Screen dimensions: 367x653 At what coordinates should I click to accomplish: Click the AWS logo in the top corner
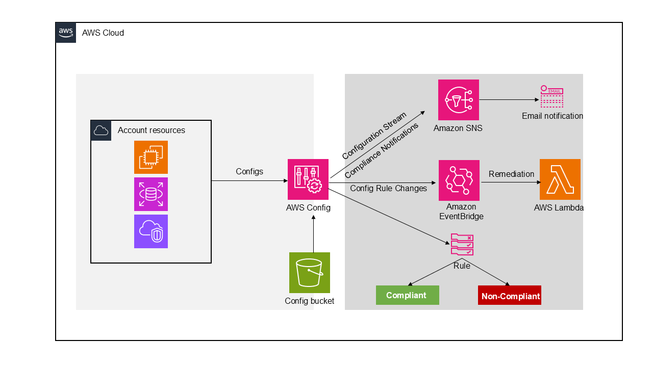click(x=66, y=33)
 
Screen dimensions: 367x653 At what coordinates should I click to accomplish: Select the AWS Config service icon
click(x=308, y=179)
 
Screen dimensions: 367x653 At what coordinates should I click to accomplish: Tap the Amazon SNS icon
click(x=459, y=100)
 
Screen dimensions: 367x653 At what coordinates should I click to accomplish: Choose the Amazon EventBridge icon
click(x=459, y=180)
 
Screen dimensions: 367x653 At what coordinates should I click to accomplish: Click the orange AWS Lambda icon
click(x=560, y=179)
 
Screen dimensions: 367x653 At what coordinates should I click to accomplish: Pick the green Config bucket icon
click(x=310, y=273)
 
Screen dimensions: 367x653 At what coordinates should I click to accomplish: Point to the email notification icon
click(x=551, y=97)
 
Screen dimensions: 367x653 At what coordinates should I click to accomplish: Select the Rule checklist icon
click(x=462, y=245)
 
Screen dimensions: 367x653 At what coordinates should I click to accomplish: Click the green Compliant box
click(x=407, y=295)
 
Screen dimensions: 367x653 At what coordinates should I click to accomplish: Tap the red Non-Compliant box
click(x=510, y=296)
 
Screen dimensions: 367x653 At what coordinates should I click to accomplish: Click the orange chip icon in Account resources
click(x=151, y=158)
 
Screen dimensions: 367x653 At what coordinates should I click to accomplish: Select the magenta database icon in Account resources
click(x=151, y=194)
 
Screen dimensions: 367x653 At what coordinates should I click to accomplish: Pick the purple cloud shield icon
click(x=151, y=231)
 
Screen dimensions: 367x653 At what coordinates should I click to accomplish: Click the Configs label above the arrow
click(x=249, y=172)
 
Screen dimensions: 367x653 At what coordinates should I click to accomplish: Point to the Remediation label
click(x=511, y=174)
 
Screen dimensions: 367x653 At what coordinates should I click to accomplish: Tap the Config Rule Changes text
click(x=388, y=189)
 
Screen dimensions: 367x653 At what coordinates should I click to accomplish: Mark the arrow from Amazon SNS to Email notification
click(x=508, y=99)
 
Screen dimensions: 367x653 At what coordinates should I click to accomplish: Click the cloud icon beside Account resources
click(x=101, y=130)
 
